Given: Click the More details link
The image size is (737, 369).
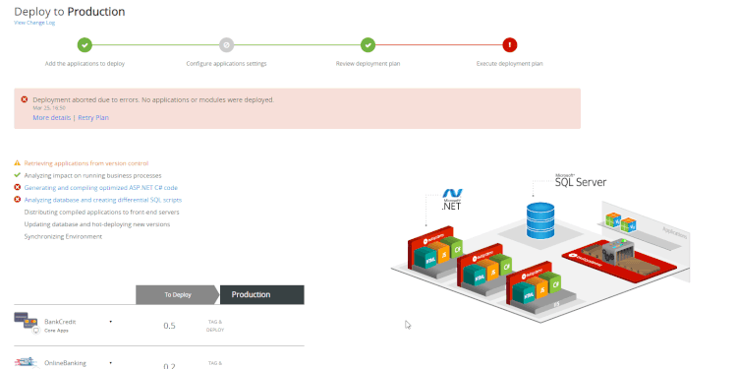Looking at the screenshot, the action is coord(52,117).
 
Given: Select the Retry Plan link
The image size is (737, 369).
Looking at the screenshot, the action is coord(93,117).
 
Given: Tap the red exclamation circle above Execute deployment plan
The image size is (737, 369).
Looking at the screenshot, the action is coord(509,44).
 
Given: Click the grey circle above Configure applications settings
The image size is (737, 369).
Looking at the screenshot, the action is coord(226,44).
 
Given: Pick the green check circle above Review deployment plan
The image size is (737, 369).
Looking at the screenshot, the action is coord(368,44).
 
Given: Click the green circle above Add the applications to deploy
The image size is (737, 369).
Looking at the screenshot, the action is coord(85,44).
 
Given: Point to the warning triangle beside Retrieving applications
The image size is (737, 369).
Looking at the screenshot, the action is coord(18,162).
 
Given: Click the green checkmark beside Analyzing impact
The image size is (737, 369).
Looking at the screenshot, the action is coord(18,174).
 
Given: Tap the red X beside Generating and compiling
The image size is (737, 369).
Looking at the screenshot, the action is coord(18,187).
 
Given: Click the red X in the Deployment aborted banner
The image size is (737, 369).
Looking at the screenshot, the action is coord(25,99).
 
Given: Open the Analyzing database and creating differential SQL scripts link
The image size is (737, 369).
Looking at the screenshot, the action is coord(102,199).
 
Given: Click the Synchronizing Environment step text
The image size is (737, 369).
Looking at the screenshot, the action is coord(63,236).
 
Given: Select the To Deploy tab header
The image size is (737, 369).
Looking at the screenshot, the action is coord(177,294).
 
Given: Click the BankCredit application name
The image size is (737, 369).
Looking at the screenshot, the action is coord(60,321).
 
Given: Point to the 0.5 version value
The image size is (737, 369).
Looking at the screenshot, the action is coord(169,325).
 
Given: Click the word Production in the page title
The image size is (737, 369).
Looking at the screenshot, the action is coord(95,11).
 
